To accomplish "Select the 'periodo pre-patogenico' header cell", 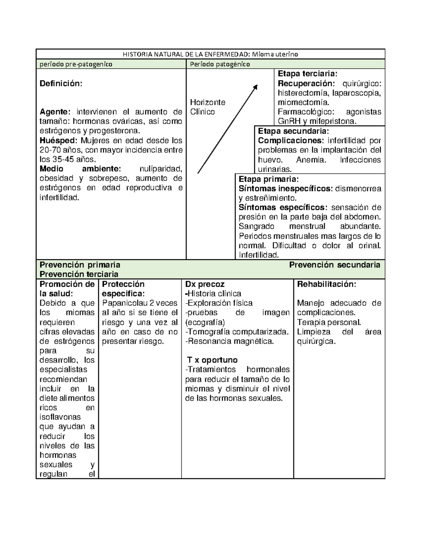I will click(x=76, y=64).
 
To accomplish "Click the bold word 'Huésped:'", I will click(x=58, y=141).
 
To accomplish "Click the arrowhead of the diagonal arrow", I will click(x=256, y=86).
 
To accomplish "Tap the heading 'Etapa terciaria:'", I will click(x=307, y=74).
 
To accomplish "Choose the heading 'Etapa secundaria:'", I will click(x=293, y=131).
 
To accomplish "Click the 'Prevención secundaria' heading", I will click(x=335, y=265).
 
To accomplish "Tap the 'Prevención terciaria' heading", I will click(x=79, y=274).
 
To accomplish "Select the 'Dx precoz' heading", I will click(x=205, y=284).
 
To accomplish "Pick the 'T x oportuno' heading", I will click(x=212, y=360).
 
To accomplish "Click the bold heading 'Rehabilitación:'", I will click(x=326, y=284).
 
